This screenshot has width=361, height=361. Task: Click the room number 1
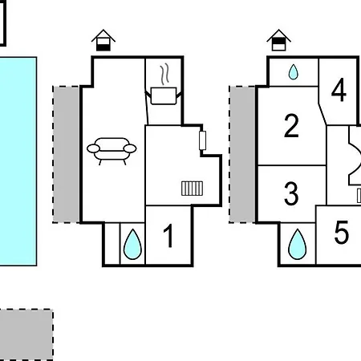tap(168, 236)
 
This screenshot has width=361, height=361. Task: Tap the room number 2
tap(291, 126)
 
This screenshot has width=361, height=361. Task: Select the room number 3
tap(291, 193)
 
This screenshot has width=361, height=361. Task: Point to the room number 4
tap(339, 90)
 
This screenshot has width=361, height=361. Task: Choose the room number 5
tap(342, 232)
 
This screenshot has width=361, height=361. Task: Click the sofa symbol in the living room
tap(112, 151)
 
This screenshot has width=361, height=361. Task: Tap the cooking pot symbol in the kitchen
tap(164, 95)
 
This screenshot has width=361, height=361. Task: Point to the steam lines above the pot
tap(165, 74)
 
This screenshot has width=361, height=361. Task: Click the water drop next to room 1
tap(132, 245)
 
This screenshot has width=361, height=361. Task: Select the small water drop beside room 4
tap(294, 72)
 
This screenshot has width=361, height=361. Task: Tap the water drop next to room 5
tap(297, 245)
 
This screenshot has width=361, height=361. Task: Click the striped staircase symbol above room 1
tap(192, 189)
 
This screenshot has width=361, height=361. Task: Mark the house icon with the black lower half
tap(103, 40)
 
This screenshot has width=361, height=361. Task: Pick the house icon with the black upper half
tap(278, 40)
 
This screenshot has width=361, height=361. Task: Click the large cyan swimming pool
tap(18, 161)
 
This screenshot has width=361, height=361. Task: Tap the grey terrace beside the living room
tap(66, 154)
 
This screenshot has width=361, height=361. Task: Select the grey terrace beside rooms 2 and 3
tap(242, 154)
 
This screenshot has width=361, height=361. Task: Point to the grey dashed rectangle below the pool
tap(26, 335)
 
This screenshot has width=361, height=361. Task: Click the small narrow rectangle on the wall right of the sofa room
tap(202, 140)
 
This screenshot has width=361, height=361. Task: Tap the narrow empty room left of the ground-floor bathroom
tap(112, 243)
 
